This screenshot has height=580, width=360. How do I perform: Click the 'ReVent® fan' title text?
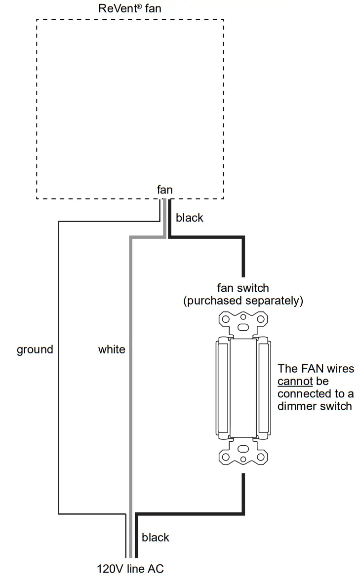click(130, 8)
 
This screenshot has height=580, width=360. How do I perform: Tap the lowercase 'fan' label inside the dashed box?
click(164, 190)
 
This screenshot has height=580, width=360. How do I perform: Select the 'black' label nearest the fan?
click(189, 218)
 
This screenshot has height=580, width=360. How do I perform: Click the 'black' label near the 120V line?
click(155, 538)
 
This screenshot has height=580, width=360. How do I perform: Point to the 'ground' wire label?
click(35, 349)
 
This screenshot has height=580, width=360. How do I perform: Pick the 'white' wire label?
click(111, 349)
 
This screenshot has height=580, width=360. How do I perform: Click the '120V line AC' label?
click(130, 569)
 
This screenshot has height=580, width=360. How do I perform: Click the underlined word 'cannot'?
click(295, 381)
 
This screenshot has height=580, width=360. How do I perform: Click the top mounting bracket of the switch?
click(242, 323)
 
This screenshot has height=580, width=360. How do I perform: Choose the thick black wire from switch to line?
click(243, 494)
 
